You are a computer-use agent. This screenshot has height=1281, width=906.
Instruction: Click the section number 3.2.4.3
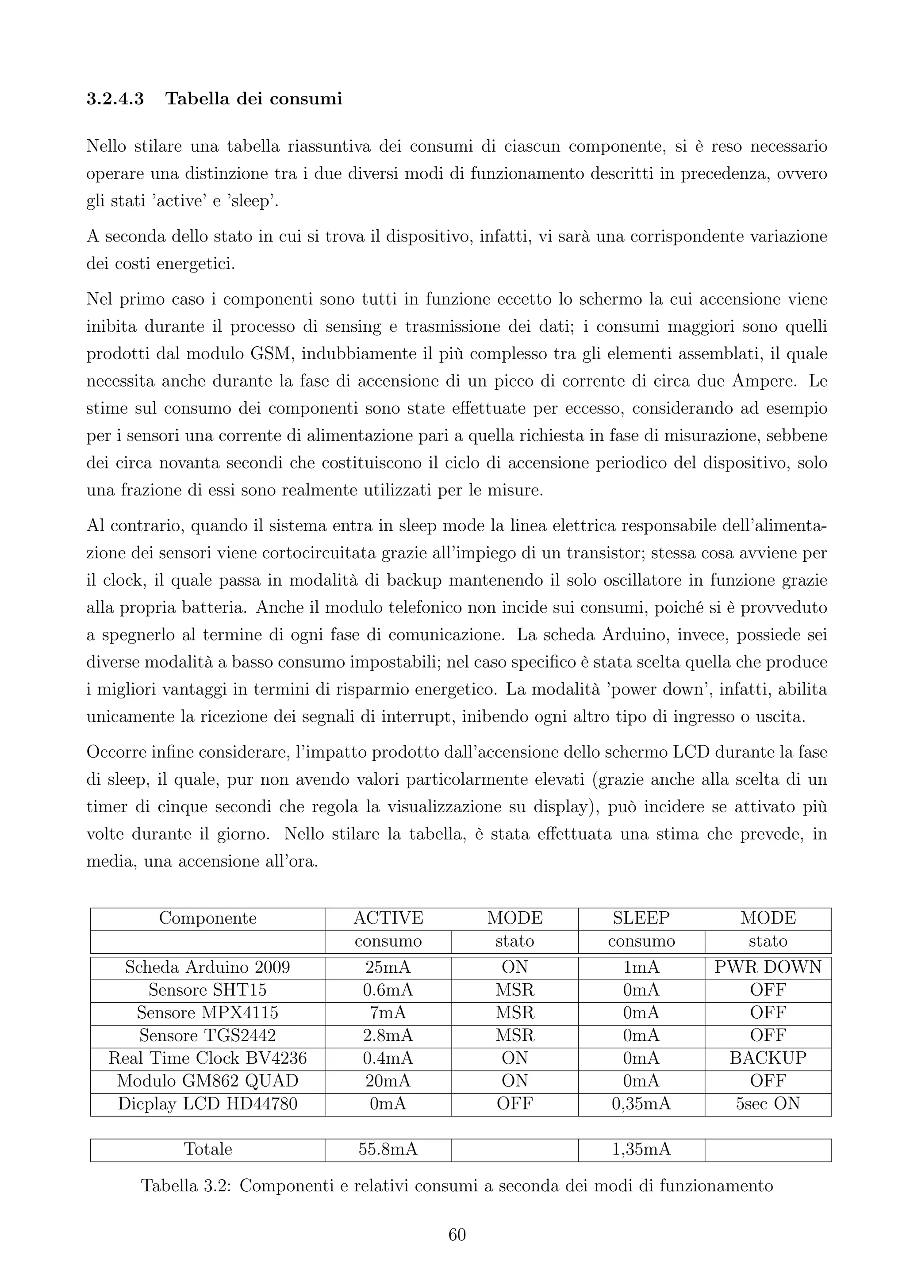[115, 99]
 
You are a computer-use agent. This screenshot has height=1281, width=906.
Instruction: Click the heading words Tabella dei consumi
[254, 99]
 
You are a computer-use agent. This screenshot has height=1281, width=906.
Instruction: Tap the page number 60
[457, 1235]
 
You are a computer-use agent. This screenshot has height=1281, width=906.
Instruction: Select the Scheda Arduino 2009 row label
[207, 967]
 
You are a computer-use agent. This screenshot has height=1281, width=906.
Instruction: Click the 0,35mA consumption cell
[641, 1104]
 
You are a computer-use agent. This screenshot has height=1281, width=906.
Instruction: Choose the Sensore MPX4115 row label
[207, 1012]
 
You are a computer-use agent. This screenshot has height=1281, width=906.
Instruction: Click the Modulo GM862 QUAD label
[207, 1081]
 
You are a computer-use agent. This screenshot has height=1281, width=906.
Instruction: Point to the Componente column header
[207, 918]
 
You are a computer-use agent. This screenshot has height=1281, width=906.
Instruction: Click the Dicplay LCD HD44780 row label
[207, 1104]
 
